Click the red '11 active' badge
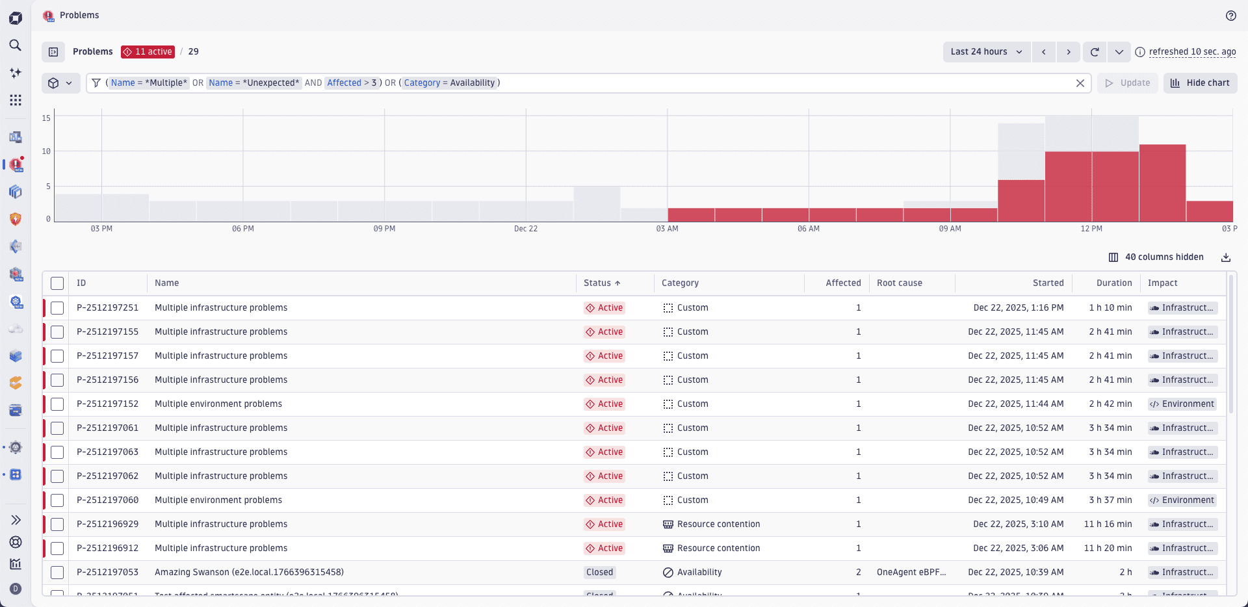pyautogui.click(x=148, y=52)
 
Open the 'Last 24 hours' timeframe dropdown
pyautogui.click(x=985, y=52)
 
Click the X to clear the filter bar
pyautogui.click(x=1080, y=83)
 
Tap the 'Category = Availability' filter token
pyautogui.click(x=449, y=83)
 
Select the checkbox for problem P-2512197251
pyautogui.click(x=57, y=308)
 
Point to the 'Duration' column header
pyautogui.click(x=1113, y=283)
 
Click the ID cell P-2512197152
pyautogui.click(x=107, y=404)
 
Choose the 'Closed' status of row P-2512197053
pyautogui.click(x=599, y=573)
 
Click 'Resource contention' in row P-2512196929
pyautogui.click(x=718, y=524)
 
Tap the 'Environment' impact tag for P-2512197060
pyautogui.click(x=1182, y=500)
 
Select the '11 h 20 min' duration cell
pyautogui.click(x=1108, y=549)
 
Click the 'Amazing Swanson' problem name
pyautogui.click(x=249, y=573)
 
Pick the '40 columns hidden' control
pyautogui.click(x=1156, y=257)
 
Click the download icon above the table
pyautogui.click(x=1225, y=257)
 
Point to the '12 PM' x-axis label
pyautogui.click(x=1091, y=229)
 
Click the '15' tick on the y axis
pyautogui.click(x=46, y=118)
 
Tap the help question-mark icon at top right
pyautogui.click(x=1230, y=16)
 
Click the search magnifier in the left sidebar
pyautogui.click(x=16, y=45)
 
